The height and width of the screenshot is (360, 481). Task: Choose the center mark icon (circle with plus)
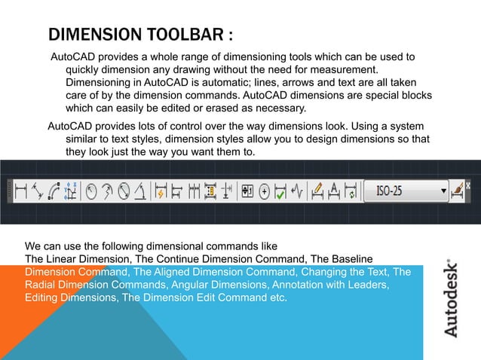click(264, 191)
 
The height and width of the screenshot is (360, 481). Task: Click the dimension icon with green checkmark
click(280, 191)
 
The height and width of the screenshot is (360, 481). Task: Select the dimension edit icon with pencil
click(317, 191)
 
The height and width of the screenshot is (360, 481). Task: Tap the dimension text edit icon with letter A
click(334, 191)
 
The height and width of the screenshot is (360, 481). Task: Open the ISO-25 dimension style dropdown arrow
click(443, 191)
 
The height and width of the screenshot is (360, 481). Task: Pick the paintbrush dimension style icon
click(457, 191)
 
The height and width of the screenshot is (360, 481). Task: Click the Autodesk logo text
click(450, 298)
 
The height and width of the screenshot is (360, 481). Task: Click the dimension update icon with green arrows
click(351, 191)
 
